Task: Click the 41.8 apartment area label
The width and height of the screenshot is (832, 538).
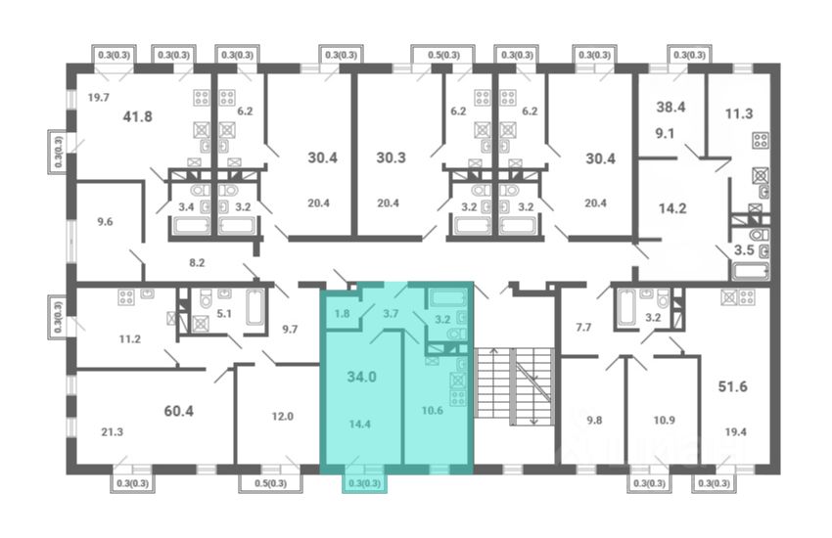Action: click(137, 116)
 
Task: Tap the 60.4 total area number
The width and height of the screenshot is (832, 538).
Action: click(179, 411)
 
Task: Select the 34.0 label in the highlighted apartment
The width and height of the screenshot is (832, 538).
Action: click(362, 377)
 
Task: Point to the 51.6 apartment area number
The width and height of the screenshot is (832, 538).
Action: click(733, 386)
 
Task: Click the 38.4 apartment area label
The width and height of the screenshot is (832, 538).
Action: click(670, 107)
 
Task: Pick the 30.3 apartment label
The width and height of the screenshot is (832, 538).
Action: click(392, 157)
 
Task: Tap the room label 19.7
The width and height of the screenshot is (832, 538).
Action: click(99, 97)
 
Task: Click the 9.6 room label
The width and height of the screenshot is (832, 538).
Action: click(105, 222)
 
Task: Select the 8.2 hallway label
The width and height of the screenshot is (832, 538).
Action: click(197, 262)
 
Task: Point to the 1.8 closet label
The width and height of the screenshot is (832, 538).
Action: click(343, 313)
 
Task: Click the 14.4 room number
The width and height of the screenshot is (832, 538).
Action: click(360, 424)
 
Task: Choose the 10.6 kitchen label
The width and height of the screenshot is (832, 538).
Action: click(433, 410)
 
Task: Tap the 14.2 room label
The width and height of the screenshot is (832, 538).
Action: click(672, 208)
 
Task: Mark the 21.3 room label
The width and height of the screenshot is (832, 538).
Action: click(112, 432)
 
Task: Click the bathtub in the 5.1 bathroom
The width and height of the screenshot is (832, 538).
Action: click(254, 306)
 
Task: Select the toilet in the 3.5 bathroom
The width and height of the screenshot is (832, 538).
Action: click(760, 235)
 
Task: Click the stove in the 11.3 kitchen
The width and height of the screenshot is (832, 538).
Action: click(761, 141)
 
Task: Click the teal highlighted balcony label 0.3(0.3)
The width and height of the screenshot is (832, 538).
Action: click(365, 483)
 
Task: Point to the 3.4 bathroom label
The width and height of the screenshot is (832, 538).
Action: click(186, 206)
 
